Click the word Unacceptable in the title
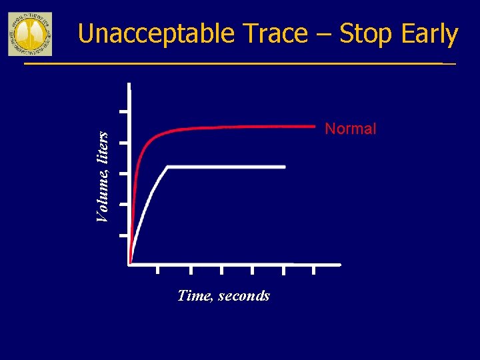coord(156,34)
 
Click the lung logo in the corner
coord(30,33)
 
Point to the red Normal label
coord(350,129)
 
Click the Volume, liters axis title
coord(102,176)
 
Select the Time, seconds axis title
coord(223,295)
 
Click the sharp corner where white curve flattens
coord(167,166)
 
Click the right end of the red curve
coord(314,125)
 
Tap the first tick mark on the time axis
coord(158,269)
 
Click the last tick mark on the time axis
coord(314,269)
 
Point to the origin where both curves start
coord(131,263)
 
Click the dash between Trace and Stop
coord(323,35)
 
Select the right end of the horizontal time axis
coord(340,265)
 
